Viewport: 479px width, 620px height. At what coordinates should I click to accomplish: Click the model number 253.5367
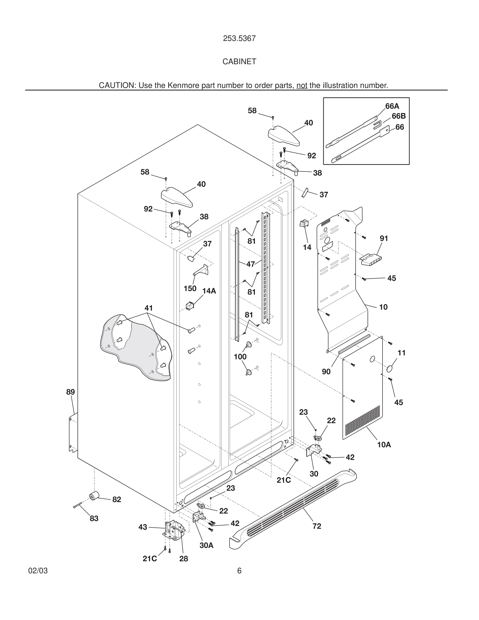click(239, 38)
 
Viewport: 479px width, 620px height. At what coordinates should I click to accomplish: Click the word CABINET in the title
click(239, 62)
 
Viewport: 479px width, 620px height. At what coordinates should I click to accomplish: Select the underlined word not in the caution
click(302, 85)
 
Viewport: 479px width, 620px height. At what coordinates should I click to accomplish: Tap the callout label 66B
click(398, 116)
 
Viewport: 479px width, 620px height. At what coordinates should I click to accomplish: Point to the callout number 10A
click(384, 445)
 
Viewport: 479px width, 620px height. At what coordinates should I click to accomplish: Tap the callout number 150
click(190, 288)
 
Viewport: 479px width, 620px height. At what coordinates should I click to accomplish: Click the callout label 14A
click(209, 291)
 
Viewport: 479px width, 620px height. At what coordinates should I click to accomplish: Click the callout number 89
click(70, 392)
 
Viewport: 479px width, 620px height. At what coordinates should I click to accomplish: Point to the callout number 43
click(143, 527)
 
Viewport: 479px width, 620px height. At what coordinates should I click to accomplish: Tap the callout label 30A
click(206, 545)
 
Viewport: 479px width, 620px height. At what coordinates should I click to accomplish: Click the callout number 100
click(240, 357)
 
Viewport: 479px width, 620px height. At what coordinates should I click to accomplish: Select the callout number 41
click(148, 308)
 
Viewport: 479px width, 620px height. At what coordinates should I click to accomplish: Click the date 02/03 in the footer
click(38, 571)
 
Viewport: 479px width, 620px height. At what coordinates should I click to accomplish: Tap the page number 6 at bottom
click(239, 571)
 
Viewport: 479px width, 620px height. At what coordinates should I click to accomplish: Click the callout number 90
click(326, 372)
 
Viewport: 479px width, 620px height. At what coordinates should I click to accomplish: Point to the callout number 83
click(94, 518)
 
